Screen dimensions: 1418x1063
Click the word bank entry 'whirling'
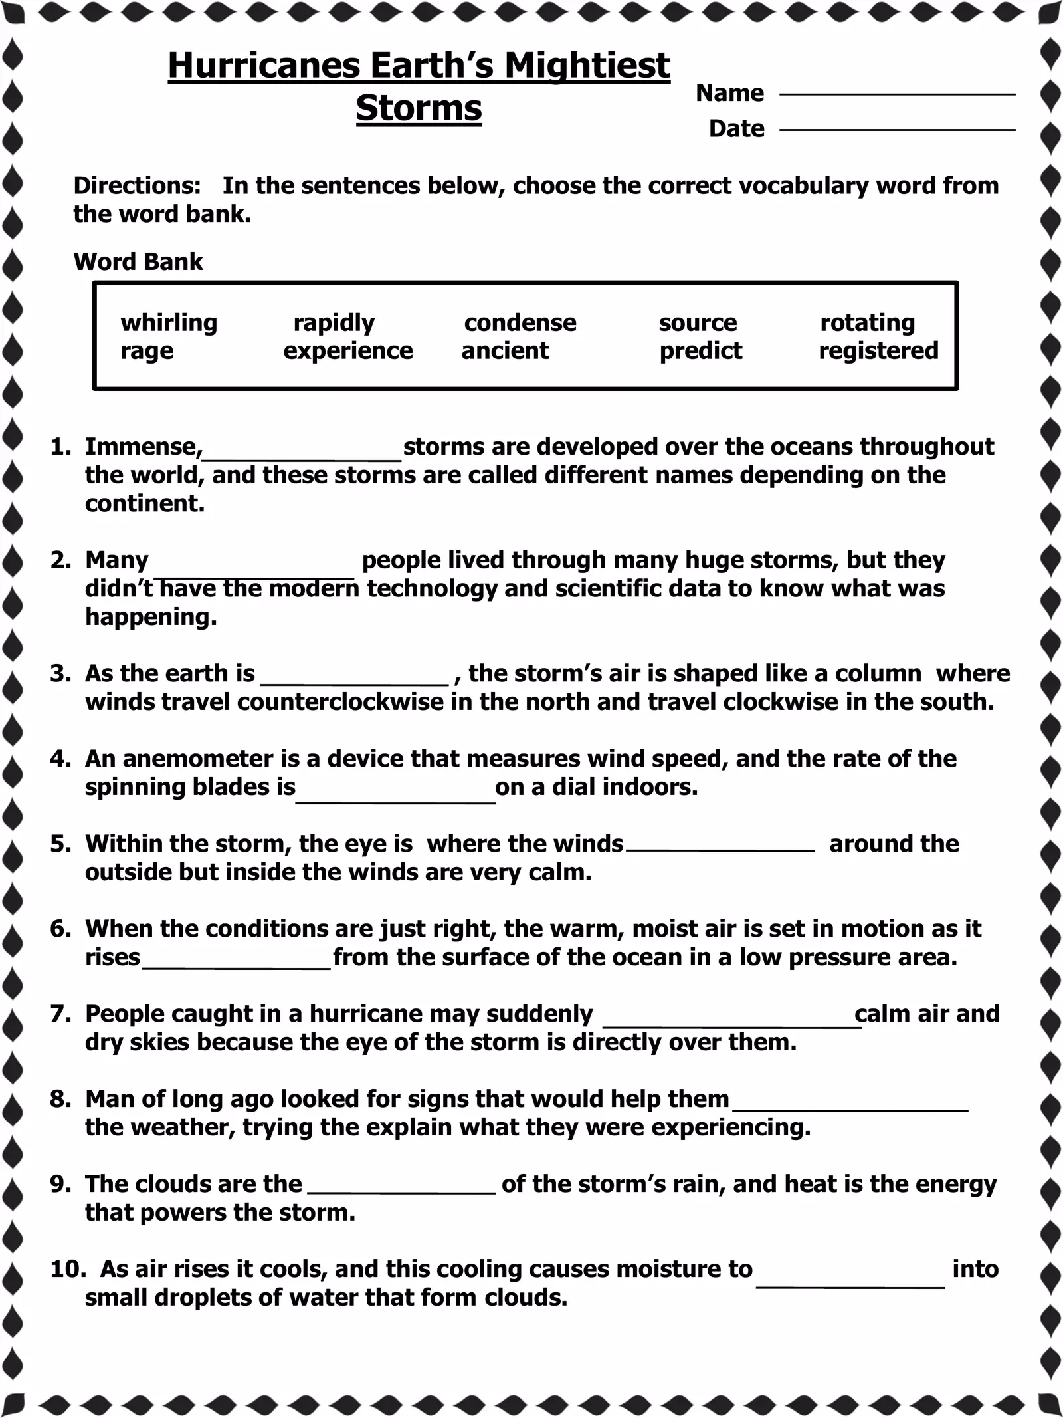coord(169,323)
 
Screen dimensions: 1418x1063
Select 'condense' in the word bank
coord(520,323)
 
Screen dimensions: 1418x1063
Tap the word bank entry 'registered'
coord(878,351)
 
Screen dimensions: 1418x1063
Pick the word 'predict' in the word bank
coord(700,351)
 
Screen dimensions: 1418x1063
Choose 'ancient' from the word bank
coord(505,351)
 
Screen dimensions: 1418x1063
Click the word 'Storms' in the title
coord(419,108)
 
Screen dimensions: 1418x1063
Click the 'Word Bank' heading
coord(138,262)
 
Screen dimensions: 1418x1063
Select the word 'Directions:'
coord(137,185)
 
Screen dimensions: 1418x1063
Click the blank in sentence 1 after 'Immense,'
coord(302,452)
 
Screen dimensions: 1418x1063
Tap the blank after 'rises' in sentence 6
coord(237,963)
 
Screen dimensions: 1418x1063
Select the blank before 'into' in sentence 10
coord(850,1275)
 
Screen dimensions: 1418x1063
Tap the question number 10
coord(67,1270)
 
